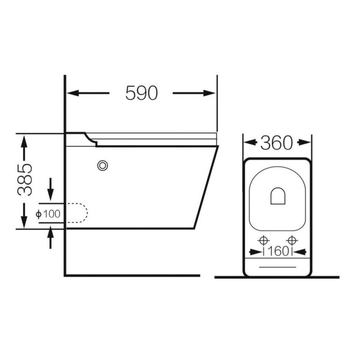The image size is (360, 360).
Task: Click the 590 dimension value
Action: coord(142,93)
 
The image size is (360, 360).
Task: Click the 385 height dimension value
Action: coord(25,180)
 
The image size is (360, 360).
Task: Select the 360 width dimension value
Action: coord(277,143)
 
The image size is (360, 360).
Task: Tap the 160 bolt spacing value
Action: coord(278,252)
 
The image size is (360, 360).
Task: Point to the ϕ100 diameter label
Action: coord(48,214)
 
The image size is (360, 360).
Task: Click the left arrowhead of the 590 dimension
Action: coord(72,93)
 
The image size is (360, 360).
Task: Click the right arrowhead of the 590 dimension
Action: coord(209,93)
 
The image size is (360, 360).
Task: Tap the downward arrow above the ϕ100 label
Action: coord(50,189)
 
